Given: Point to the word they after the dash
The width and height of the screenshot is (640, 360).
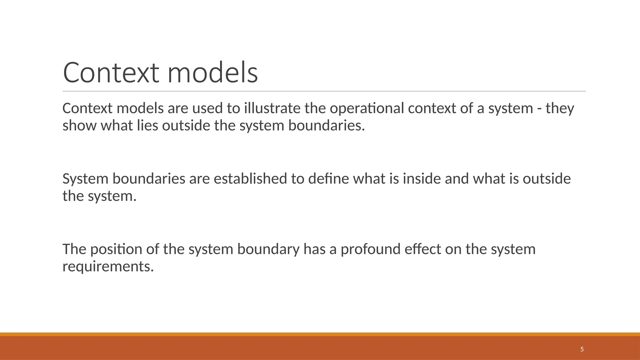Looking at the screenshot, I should pos(560,108).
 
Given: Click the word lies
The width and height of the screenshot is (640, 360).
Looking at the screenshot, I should pos(147,126).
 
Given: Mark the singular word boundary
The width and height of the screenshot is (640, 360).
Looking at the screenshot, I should pos(268,249).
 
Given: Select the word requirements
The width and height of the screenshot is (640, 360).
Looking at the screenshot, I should pos(108,267).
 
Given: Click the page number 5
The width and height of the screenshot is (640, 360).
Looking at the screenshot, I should pos(582,349).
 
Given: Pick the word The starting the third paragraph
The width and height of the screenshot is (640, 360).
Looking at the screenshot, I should pos(74,249).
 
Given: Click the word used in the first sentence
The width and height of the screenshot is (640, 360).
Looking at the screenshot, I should pos(207,108).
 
